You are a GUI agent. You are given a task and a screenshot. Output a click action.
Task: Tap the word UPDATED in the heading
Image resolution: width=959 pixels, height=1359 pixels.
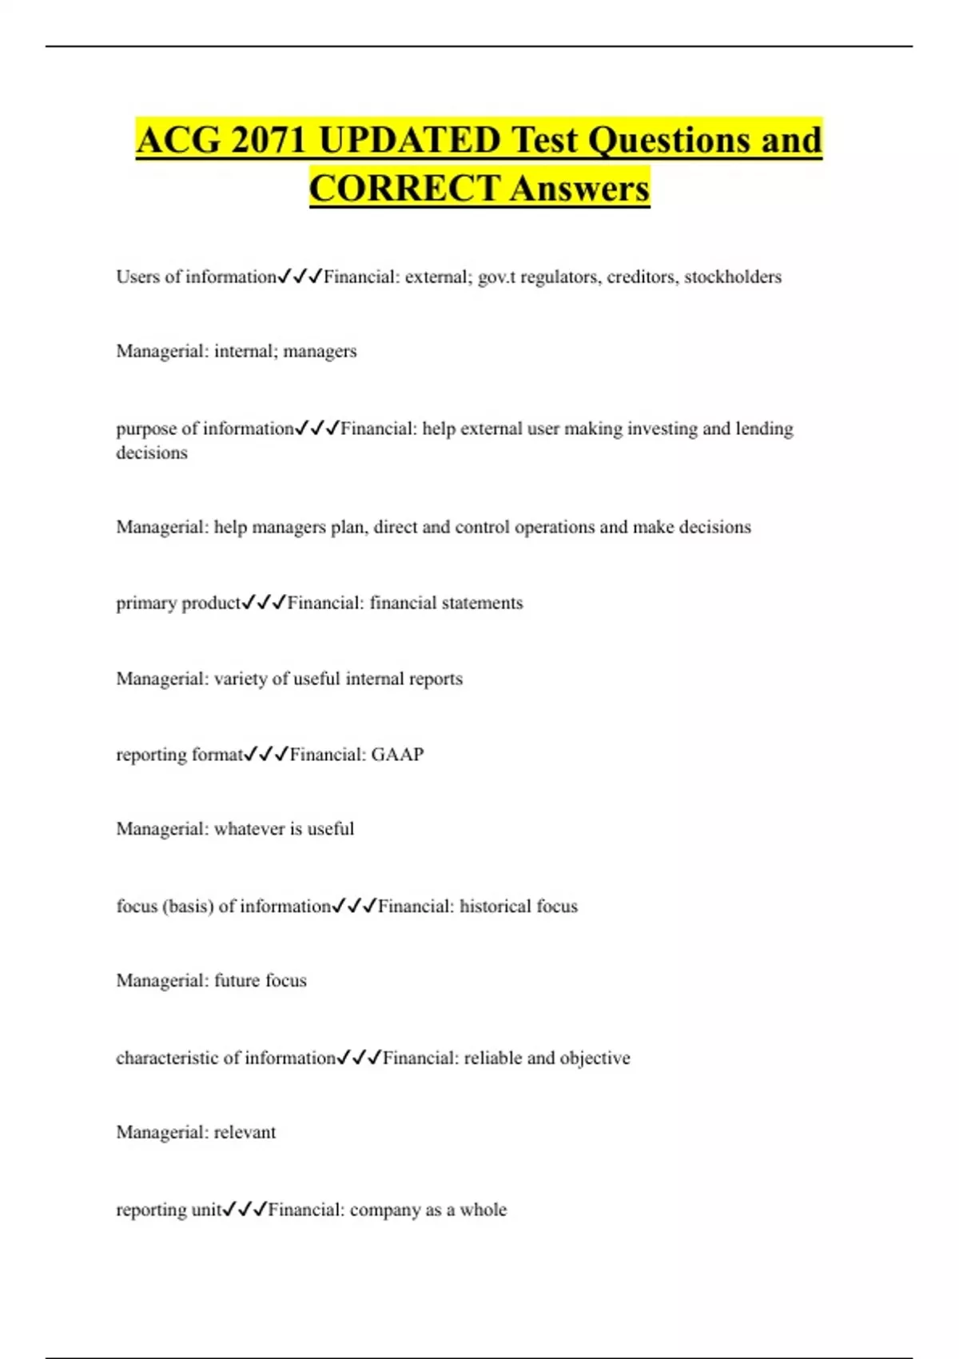point(408,140)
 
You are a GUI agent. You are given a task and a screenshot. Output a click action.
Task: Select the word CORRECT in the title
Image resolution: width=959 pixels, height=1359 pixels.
point(404,189)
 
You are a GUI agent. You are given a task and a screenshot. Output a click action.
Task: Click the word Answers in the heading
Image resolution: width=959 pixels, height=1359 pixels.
point(579,189)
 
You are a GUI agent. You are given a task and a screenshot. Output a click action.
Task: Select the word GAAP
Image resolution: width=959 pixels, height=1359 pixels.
point(397,754)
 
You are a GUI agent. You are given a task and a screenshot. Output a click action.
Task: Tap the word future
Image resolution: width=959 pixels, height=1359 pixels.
point(237,980)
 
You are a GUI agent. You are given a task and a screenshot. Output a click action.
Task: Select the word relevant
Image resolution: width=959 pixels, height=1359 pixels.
point(245,1132)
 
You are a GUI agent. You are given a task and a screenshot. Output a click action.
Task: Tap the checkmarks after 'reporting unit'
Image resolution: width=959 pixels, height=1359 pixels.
point(245,1210)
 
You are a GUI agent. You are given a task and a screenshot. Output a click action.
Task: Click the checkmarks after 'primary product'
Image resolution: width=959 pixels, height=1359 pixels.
point(264,603)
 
